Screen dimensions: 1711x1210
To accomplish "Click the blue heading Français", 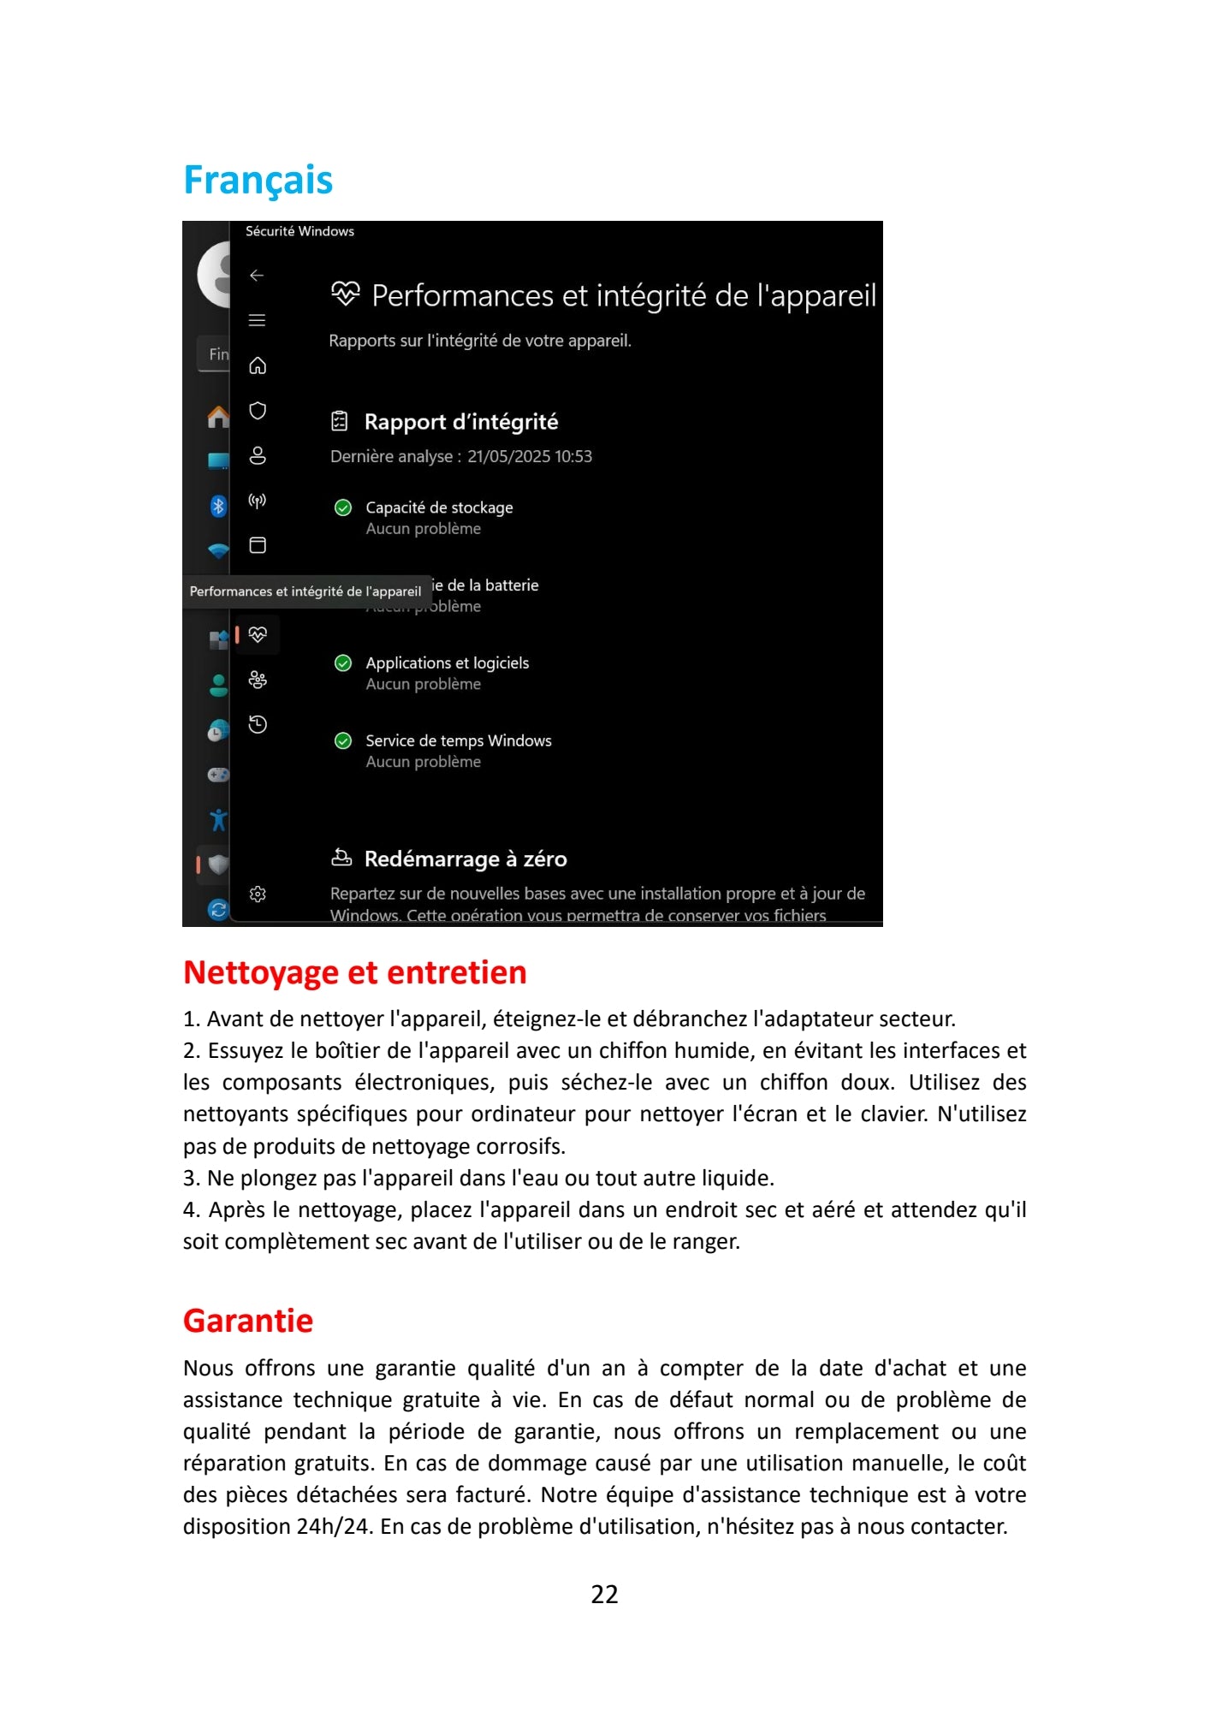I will pos(258,180).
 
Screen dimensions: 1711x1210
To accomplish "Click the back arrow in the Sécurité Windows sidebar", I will pos(257,276).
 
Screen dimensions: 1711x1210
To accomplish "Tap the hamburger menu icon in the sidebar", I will pos(257,320).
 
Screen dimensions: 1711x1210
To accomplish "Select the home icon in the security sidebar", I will pos(258,366).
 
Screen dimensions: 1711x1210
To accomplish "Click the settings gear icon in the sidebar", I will pos(258,894).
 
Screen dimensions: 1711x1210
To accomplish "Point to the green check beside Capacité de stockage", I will pos(343,508).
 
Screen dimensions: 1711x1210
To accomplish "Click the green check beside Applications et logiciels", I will pos(343,663).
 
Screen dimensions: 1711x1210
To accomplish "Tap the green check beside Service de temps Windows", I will pos(343,741).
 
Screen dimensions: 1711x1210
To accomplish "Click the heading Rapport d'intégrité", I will pos(460,422).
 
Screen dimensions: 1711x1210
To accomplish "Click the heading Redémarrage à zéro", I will pos(466,859).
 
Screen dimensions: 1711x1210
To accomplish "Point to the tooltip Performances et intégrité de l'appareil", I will pos(305,591).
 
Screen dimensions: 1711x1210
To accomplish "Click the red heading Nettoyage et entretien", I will pos(355,973).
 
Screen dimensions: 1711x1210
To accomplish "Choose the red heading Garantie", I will pos(248,1321).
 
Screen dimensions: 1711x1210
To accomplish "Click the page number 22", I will pos(604,1594).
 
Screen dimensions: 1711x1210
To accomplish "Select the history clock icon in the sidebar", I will pos(258,725).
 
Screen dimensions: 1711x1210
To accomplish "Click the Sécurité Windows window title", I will pos(300,231).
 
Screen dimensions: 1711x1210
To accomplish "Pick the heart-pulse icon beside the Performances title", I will pos(346,294).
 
